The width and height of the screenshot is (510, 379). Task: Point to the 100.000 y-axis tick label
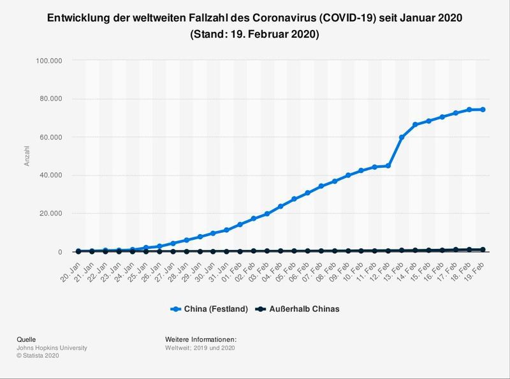pos(48,61)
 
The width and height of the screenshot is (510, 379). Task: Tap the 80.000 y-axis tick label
pos(50,99)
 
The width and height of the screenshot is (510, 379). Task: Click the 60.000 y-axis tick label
pos(50,137)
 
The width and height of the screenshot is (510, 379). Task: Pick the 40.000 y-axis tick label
pos(50,175)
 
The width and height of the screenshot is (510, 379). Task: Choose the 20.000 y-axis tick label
pos(50,214)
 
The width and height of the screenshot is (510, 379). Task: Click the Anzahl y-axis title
pos(27,156)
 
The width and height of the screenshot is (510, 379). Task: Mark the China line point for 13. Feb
pos(402,137)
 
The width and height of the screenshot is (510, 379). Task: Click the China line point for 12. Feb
pos(388,166)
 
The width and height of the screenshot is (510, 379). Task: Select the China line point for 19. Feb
pos(483,110)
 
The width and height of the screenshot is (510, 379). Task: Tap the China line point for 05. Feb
pos(294,199)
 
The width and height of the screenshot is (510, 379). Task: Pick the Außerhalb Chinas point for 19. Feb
pos(483,249)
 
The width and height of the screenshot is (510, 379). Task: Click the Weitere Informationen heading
pos(200,339)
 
